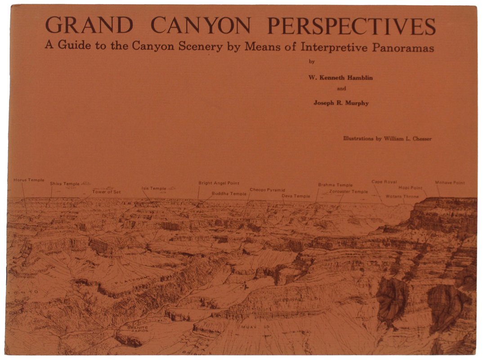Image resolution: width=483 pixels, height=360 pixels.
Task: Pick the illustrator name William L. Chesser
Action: click(408, 139)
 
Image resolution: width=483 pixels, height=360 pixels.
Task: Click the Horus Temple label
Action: click(29, 180)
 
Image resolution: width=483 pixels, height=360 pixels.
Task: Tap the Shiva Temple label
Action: click(64, 184)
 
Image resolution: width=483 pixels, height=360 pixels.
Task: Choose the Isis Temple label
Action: click(153, 189)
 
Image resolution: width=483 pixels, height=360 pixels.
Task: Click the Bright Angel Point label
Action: click(219, 183)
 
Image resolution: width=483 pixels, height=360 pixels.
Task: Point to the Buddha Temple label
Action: click(229, 193)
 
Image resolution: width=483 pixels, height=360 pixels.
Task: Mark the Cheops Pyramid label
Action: click(267, 190)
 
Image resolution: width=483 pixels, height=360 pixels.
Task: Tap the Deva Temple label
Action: click(296, 196)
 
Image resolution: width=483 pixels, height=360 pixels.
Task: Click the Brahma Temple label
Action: click(335, 185)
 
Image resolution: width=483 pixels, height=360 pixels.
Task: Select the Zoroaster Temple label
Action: click(349, 191)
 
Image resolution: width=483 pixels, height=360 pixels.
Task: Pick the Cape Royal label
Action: click(384, 182)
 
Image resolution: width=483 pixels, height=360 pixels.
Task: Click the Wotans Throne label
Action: click(402, 197)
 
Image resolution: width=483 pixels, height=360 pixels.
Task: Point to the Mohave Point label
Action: click(450, 183)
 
